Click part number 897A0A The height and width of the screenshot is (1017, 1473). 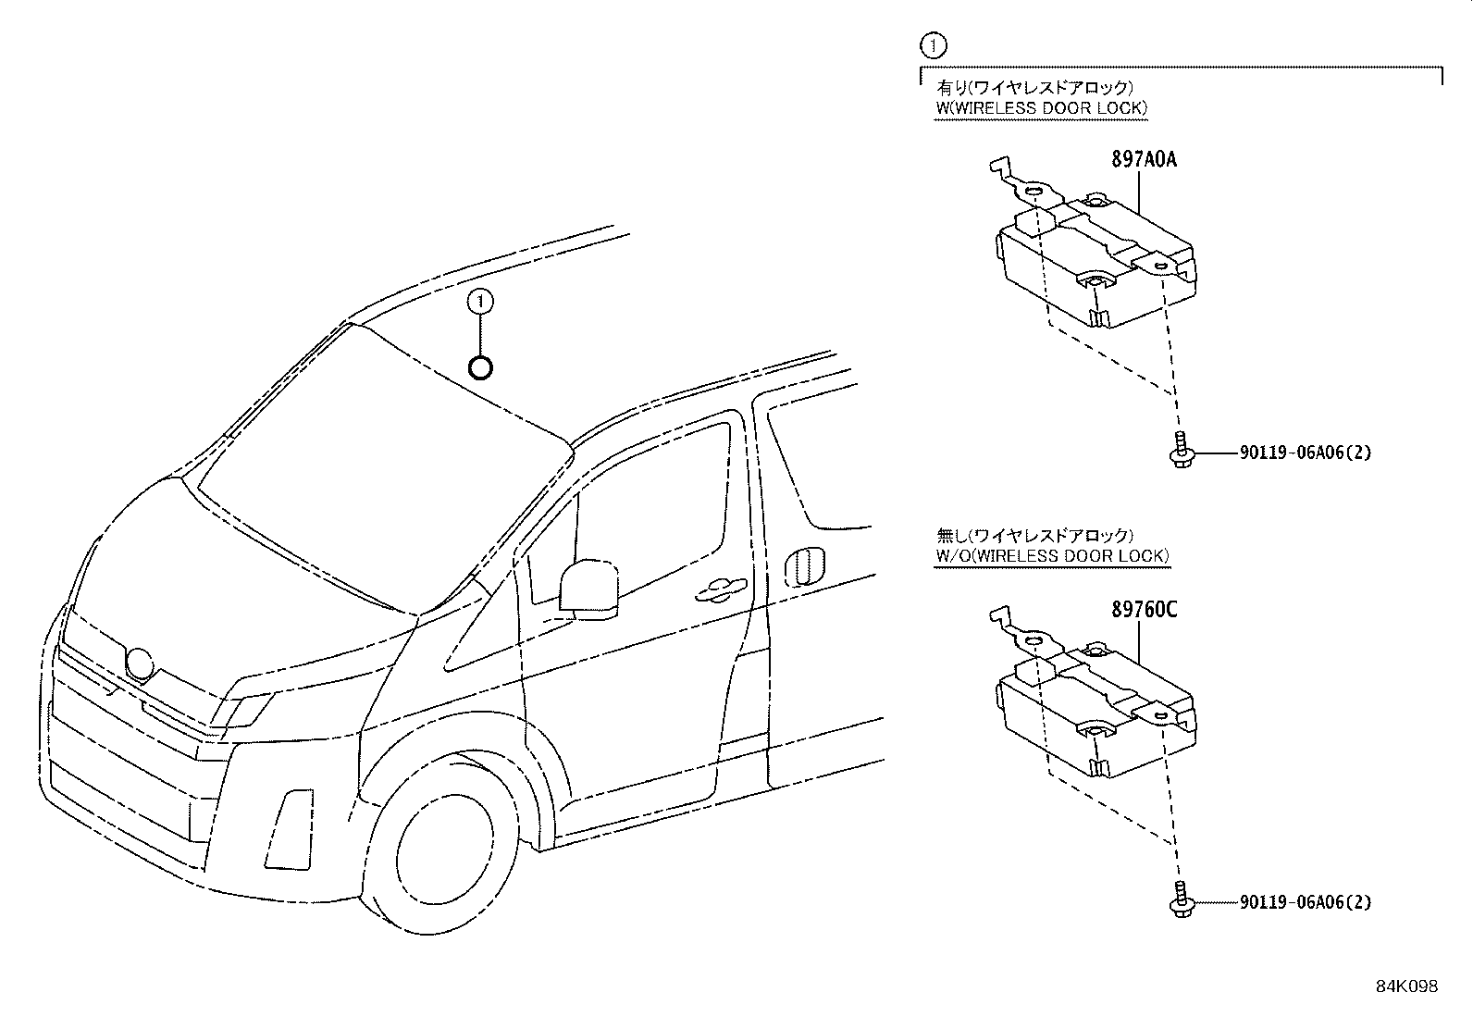1144,158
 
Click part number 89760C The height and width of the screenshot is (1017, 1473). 1144,610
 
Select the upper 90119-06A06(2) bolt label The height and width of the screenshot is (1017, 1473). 1305,453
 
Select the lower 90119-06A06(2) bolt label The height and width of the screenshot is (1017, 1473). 1305,901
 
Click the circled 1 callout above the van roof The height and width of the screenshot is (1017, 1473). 480,301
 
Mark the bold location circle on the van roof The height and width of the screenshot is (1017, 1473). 480,368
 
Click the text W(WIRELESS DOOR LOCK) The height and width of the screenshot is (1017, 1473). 1041,108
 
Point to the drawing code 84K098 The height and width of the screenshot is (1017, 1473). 1406,986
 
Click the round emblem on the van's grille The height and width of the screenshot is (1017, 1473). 140,664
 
